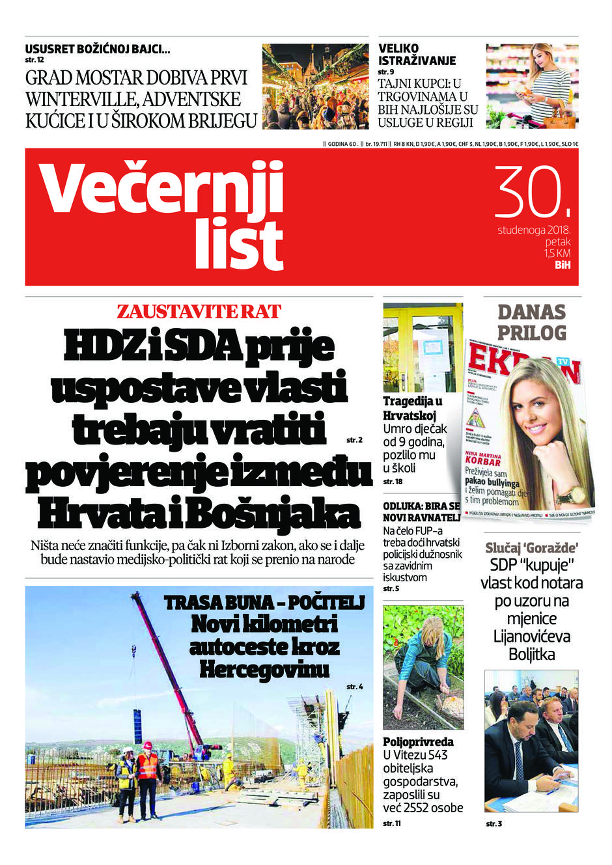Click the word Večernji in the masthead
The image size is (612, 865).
162,188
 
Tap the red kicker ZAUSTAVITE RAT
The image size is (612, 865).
199,311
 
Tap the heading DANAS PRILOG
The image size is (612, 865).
531,322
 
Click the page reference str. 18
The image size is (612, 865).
393,482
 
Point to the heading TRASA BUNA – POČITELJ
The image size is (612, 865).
264,603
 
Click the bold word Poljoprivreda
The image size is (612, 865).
418,742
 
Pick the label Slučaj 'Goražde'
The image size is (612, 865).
531,548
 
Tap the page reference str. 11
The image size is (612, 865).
392,823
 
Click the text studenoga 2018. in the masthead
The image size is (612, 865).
534,230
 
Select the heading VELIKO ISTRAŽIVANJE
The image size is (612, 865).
417,55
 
